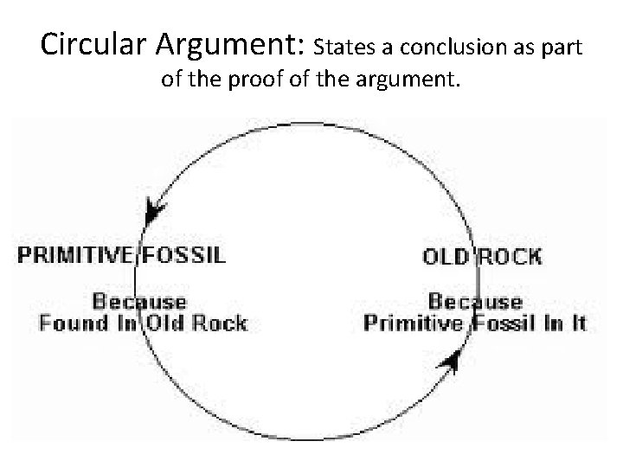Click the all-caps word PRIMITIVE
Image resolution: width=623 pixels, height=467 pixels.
[x=77, y=254]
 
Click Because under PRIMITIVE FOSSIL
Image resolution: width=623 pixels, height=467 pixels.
[x=139, y=302]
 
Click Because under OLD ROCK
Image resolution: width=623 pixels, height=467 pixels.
[x=475, y=302]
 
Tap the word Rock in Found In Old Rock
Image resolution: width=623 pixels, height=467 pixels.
[x=220, y=323]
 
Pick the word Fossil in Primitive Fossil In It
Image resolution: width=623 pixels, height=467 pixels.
[x=510, y=323]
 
